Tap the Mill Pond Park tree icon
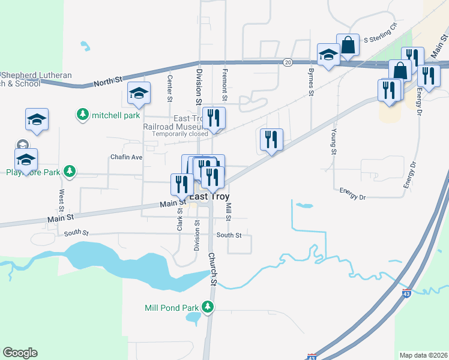coord(208,308)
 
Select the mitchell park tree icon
coord(82,114)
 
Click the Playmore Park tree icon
coord(70,172)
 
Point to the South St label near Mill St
coord(229,235)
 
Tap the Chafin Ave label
coord(126,157)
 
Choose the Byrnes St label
coord(311,82)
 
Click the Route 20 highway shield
coord(288,62)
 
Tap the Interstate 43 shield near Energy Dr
coord(406,294)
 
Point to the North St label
coord(108,81)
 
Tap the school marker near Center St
coord(139,93)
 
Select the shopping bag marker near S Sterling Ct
coord(348,44)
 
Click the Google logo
coord(20,353)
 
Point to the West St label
coord(62,202)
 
